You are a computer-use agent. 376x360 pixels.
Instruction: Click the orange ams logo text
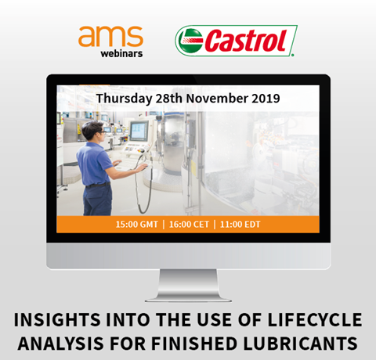[110, 36]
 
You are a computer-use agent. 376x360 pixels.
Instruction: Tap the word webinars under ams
[121, 53]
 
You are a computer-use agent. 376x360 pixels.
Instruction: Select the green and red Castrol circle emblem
[190, 41]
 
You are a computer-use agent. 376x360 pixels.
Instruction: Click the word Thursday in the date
[124, 99]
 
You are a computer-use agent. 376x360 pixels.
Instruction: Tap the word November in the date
[217, 98]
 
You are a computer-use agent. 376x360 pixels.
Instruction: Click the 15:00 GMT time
[137, 225]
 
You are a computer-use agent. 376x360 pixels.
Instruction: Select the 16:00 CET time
[189, 225]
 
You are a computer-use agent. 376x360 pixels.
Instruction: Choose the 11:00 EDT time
[240, 225]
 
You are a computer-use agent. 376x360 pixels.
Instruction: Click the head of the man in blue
[92, 131]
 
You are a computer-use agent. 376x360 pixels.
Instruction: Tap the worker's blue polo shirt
[93, 164]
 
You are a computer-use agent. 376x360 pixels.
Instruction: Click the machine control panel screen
[138, 131]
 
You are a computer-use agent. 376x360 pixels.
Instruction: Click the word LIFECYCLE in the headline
[315, 320]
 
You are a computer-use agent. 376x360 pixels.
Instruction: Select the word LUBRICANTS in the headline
[300, 344]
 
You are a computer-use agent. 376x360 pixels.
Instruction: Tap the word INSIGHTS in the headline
[57, 320]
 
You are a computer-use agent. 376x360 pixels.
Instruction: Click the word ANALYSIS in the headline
[61, 344]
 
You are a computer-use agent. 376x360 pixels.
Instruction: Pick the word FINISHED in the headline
[194, 344]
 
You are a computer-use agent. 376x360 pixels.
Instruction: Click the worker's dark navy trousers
[97, 200]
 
